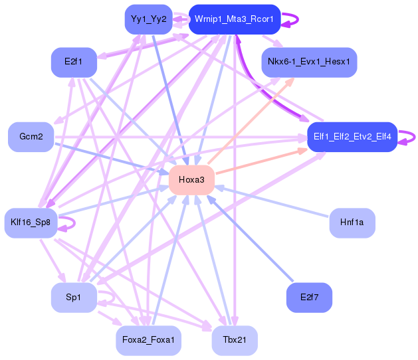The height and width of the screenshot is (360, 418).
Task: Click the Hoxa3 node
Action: point(191,180)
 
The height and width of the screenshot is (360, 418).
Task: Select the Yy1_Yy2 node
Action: point(149,19)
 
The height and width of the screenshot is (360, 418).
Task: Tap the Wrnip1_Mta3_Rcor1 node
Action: point(234,19)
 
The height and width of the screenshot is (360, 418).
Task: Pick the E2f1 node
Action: point(74,62)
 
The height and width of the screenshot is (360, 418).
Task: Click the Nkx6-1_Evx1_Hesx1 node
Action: point(310,62)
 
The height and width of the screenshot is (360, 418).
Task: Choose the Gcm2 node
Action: point(31,137)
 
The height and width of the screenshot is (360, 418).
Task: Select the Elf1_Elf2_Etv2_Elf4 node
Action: point(352,137)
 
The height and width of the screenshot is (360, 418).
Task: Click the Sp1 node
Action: point(74,298)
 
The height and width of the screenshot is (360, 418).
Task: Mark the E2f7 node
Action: point(309,298)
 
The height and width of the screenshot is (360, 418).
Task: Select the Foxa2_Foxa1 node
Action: point(148,341)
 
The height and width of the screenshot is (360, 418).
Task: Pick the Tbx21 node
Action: point(234,341)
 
